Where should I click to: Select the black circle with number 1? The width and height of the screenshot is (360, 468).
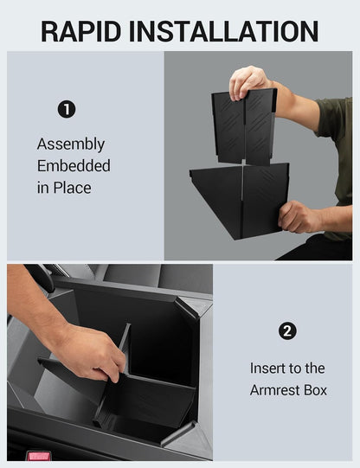[x=67, y=109]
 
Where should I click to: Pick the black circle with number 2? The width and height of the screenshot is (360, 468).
[x=288, y=331]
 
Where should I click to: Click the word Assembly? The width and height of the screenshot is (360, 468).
[x=70, y=144]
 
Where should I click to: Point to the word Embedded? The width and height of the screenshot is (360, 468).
[x=74, y=165]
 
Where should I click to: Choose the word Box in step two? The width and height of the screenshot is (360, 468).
[x=315, y=390]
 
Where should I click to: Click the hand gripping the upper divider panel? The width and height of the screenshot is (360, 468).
[x=248, y=82]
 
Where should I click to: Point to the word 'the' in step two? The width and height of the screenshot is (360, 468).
[x=314, y=369]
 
